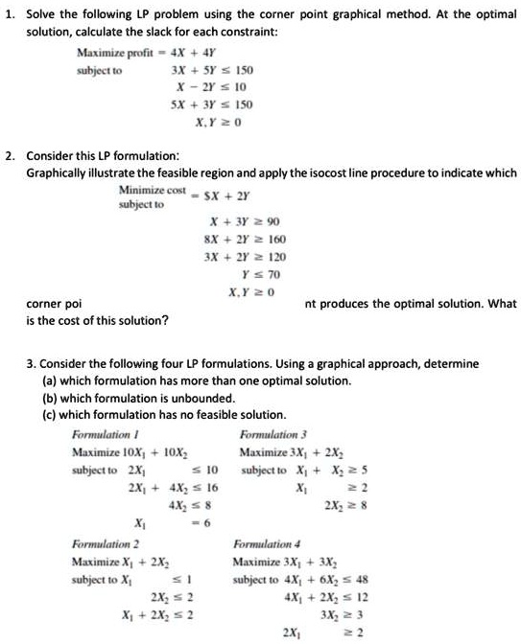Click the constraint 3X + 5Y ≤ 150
click(x=211, y=71)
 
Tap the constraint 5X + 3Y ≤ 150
click(x=211, y=103)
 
